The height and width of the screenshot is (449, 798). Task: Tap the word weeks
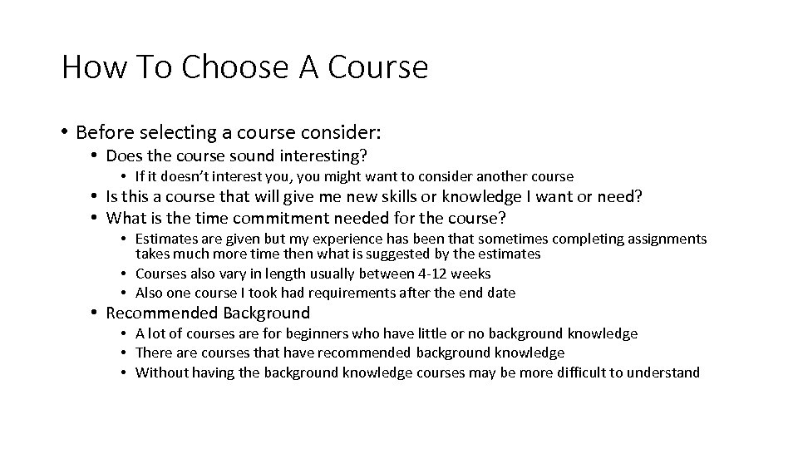pos(472,274)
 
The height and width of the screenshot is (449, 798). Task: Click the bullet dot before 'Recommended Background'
pos(96,313)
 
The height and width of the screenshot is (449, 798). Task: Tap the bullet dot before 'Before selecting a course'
pos(64,133)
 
